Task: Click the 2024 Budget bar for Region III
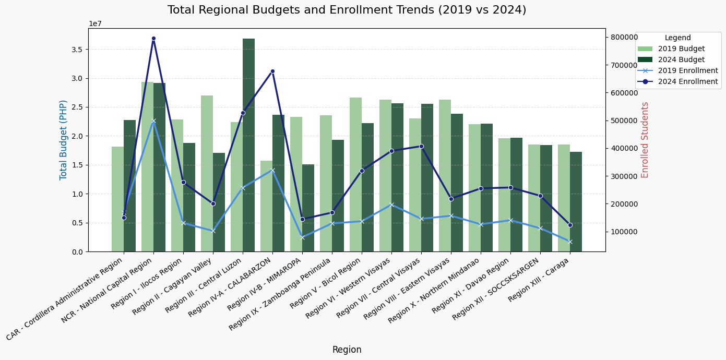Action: tap(248, 146)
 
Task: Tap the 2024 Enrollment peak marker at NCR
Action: tap(153, 38)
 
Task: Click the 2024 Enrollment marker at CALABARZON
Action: tap(272, 71)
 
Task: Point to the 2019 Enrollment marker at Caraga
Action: tap(570, 242)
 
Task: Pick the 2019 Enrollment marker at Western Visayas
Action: tap(391, 205)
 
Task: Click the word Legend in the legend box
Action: tap(677, 38)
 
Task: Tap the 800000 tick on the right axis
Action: tap(624, 37)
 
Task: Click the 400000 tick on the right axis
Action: tap(624, 148)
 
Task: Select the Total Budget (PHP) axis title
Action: tap(64, 140)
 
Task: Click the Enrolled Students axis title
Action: tap(645, 140)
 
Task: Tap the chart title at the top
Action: tap(347, 10)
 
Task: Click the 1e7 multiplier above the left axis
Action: tap(96, 23)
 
